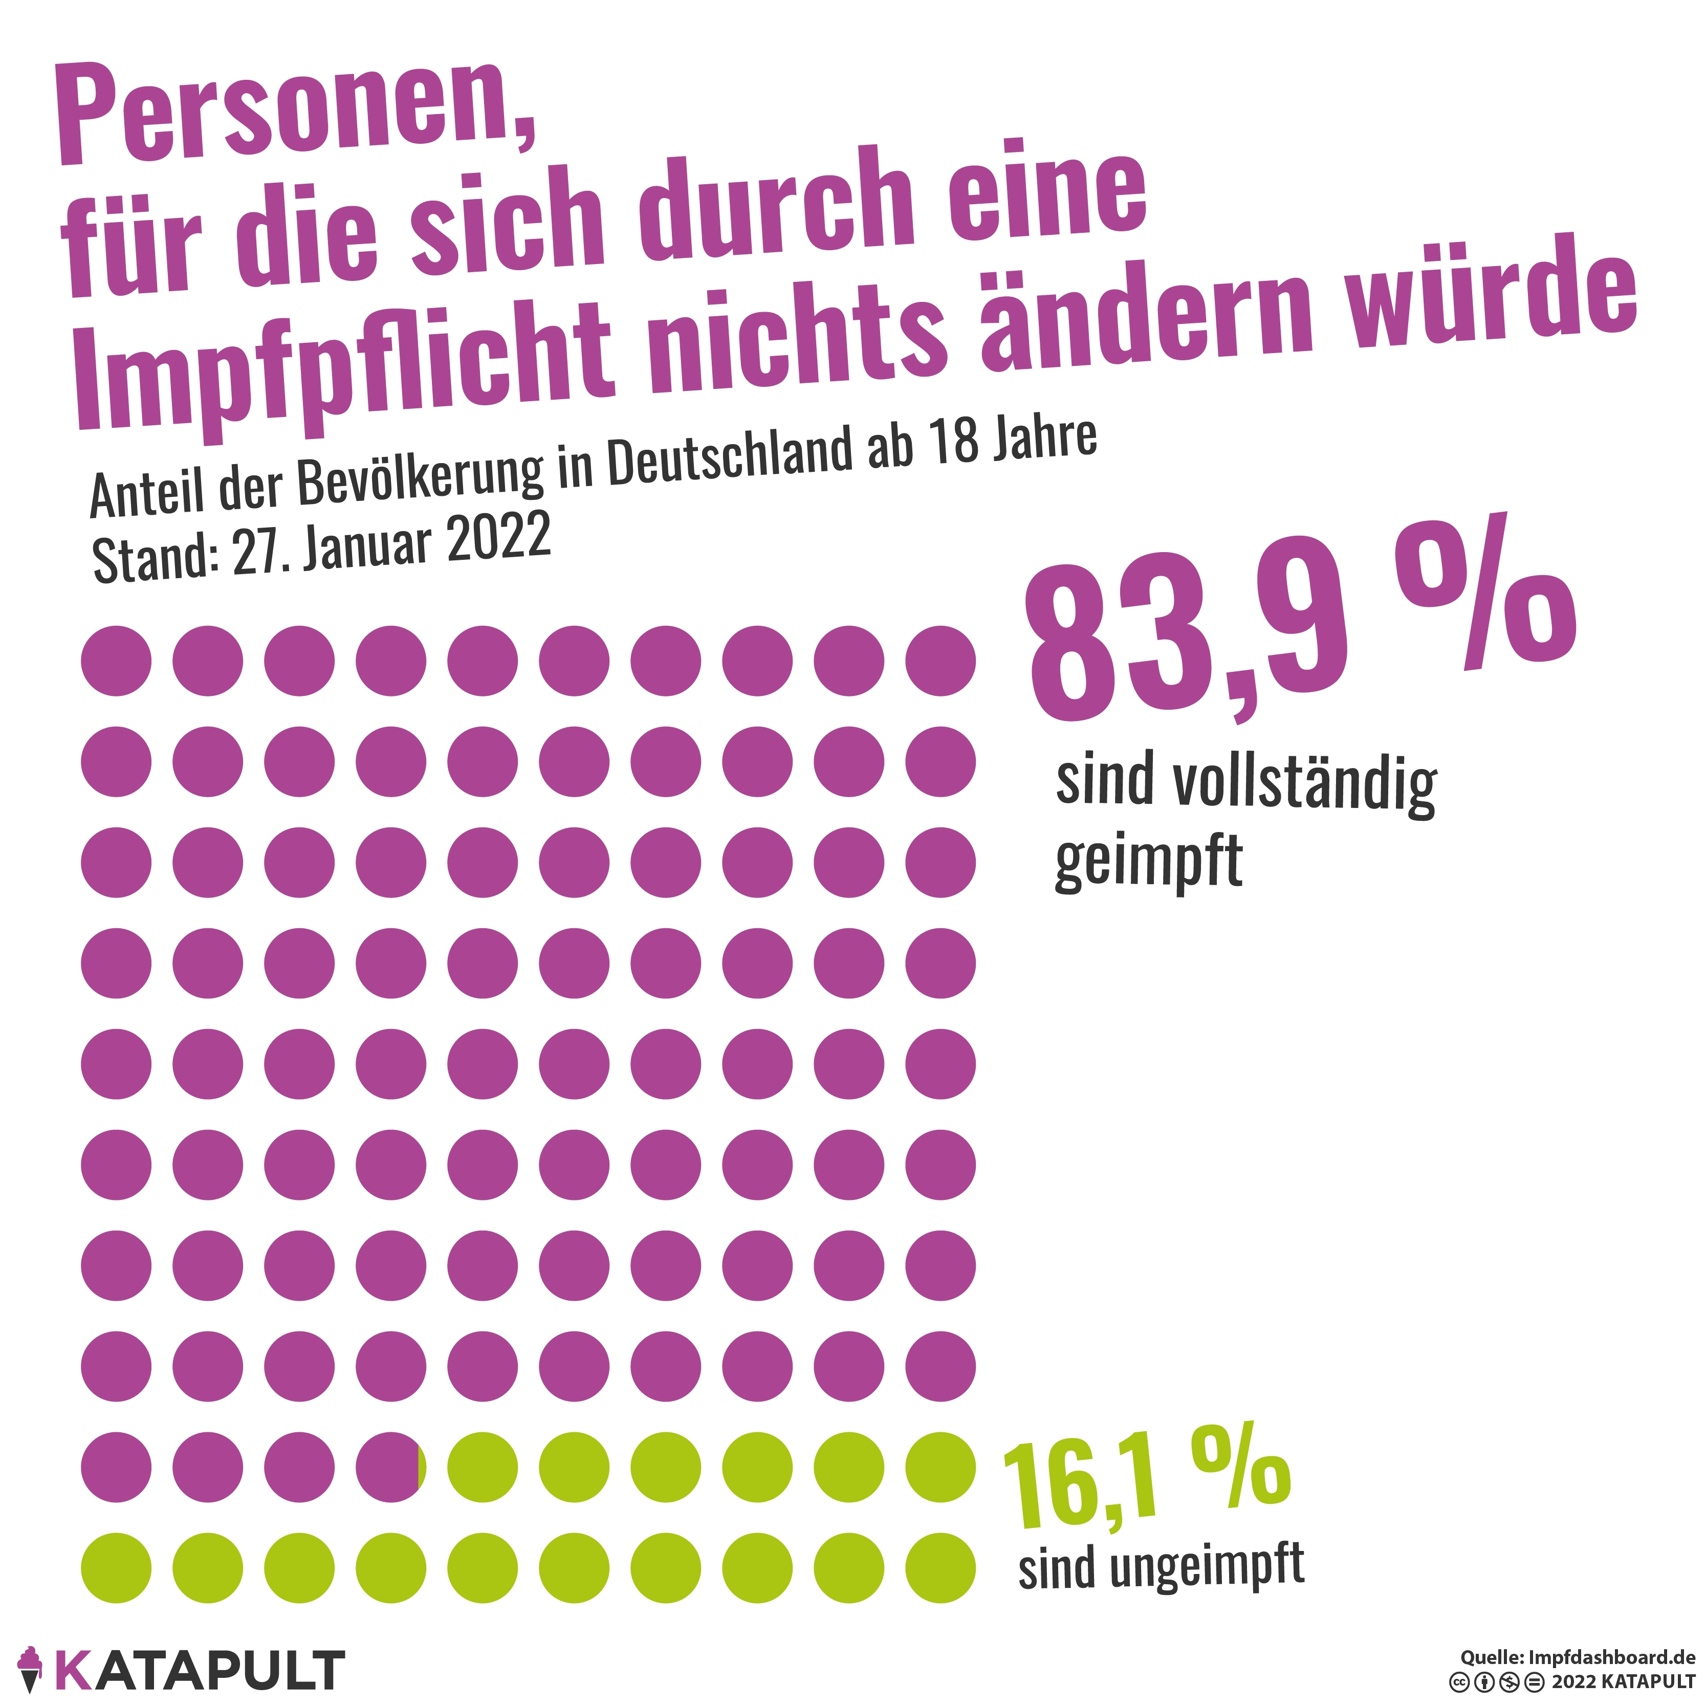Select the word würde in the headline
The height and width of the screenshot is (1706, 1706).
pyautogui.click(x=1492, y=296)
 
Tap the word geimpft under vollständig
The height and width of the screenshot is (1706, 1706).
pyautogui.click(x=1148, y=861)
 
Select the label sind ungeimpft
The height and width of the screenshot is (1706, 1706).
pyautogui.click(x=1161, y=1567)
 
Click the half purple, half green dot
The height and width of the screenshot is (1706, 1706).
pyautogui.click(x=391, y=1468)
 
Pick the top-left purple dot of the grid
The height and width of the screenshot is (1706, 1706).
pyautogui.click(x=116, y=661)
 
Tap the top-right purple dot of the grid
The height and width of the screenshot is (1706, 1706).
pyautogui.click(x=941, y=661)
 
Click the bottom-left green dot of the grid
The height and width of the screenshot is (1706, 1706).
pyautogui.click(x=116, y=1568)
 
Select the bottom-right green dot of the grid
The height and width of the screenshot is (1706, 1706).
pyautogui.click(x=941, y=1568)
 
